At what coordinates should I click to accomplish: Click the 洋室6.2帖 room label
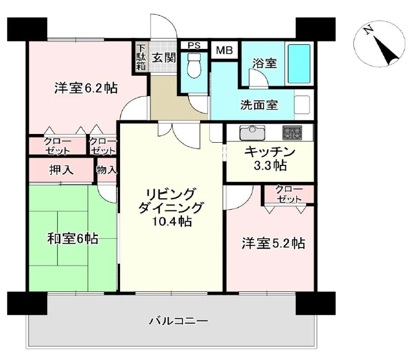86,88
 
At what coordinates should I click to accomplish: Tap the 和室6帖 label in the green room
72,239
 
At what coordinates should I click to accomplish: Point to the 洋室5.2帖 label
273,243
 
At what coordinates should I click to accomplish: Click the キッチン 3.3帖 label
269,158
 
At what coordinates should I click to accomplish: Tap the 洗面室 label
259,106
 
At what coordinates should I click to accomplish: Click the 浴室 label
264,63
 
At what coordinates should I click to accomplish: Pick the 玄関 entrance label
164,57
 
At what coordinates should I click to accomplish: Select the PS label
194,45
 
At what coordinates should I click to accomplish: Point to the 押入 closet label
61,171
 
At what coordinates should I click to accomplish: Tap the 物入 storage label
107,170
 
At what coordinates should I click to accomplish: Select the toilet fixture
194,68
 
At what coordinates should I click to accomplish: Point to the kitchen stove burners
292,132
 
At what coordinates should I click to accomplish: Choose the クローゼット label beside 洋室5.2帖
289,194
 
